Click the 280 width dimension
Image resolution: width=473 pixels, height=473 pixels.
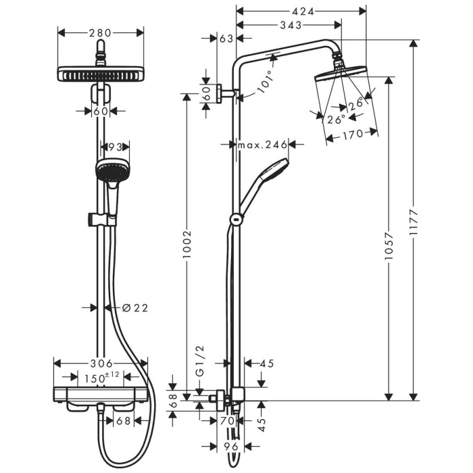click(x=101, y=32)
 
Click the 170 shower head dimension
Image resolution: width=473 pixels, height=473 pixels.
click(x=351, y=133)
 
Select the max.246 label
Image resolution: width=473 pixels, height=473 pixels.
click(x=262, y=145)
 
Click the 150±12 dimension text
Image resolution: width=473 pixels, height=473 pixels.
click(x=103, y=377)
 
